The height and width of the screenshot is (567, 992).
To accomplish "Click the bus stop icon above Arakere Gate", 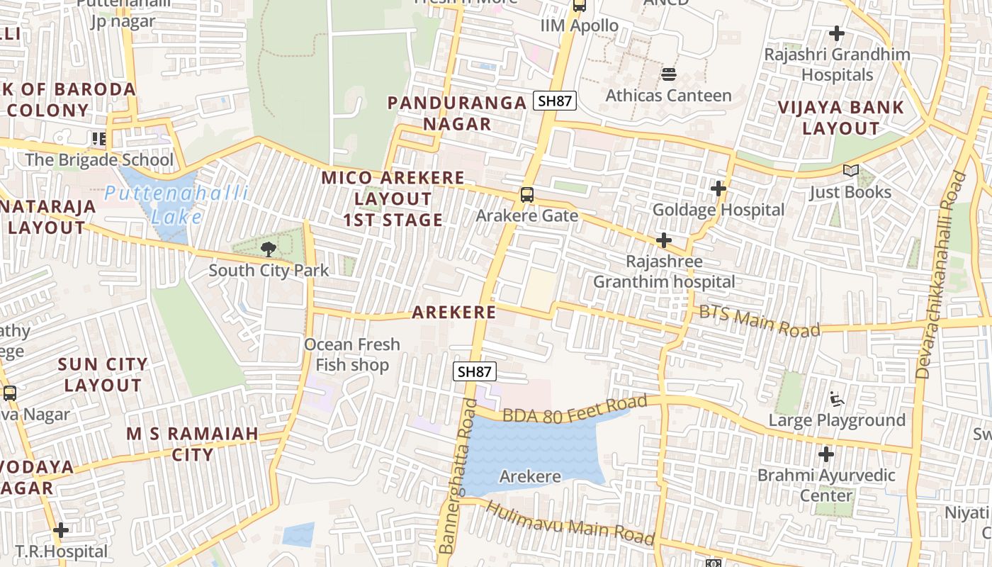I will pos(526,194).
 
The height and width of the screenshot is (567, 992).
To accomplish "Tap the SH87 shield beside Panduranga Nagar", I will pos(554,101).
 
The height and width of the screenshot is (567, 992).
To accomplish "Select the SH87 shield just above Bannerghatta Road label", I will pos(475,371).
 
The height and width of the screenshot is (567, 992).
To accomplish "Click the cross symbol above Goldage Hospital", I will pos(718,189).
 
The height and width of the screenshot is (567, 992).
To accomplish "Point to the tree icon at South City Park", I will pos(268,249).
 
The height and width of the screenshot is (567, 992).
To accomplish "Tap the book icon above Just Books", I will pos(850,171).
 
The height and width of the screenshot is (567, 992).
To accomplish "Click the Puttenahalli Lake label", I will pos(176,204).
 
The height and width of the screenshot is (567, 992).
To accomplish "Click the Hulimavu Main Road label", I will pos(570,524).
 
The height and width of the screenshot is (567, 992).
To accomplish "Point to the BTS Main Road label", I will pos(759,320).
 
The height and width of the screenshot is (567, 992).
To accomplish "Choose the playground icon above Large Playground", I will pos(837,399).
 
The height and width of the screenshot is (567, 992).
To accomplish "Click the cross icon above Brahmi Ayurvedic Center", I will pos(826,454).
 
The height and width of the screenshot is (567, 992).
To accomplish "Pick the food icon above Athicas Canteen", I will pos(668,74).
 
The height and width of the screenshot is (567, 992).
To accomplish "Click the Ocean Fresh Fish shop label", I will pos(352,354).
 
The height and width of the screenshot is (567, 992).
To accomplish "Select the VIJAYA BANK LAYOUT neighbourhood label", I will pos(840,118).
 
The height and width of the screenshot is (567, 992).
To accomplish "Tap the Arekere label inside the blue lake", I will pos(530,476).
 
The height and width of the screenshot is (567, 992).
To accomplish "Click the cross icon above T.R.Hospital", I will pos(61,529).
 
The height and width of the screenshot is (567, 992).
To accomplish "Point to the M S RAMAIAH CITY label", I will pos(192,444).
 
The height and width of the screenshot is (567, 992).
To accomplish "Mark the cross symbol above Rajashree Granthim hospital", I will pos(663,240).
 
